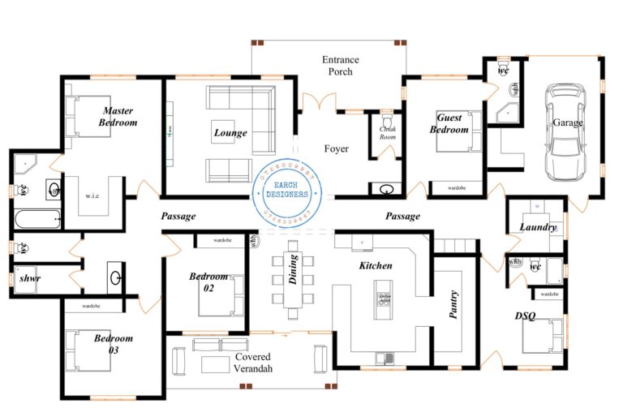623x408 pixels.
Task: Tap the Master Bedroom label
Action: click(118, 117)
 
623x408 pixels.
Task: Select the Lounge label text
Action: click(230, 133)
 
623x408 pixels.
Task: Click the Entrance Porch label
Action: click(341, 66)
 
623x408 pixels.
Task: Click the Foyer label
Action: click(337, 148)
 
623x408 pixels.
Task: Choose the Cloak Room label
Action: click(387, 133)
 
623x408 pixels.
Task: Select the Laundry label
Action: click(537, 227)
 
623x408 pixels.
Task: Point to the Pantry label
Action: click(453, 304)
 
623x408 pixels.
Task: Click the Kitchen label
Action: click(376, 265)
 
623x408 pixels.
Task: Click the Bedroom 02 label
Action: click(208, 281)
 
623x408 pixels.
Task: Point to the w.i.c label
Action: click(92, 196)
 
